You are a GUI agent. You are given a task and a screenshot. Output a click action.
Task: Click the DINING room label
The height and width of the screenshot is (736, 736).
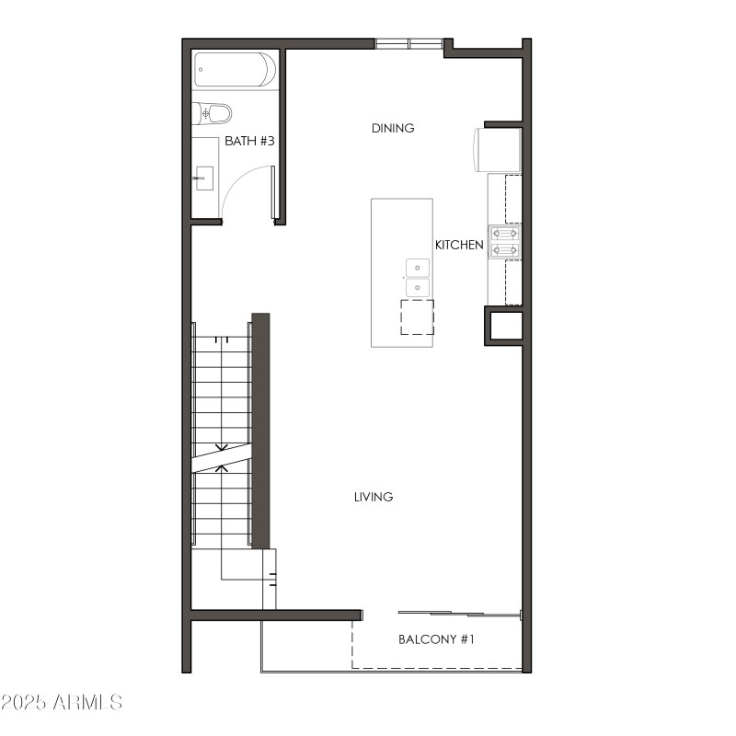[x=393, y=128]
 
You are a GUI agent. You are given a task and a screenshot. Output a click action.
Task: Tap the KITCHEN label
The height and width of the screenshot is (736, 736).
[x=459, y=245]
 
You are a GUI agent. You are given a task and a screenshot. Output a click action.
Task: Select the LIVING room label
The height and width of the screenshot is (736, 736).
[x=374, y=497]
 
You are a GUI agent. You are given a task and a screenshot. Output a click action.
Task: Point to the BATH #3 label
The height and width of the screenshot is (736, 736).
[x=250, y=142]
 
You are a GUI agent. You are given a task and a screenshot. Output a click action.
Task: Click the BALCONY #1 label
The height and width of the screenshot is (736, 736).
[x=436, y=638]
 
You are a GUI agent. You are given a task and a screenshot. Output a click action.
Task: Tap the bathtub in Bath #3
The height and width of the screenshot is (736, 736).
[x=235, y=70]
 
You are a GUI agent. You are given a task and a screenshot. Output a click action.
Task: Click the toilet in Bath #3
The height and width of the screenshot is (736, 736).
[x=213, y=114]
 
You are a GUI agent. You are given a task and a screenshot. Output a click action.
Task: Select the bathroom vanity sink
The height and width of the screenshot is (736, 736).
[x=204, y=177]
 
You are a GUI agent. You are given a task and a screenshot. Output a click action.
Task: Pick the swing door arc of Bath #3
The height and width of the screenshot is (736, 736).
[x=241, y=184]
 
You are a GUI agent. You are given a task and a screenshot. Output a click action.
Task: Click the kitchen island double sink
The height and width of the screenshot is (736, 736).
[x=418, y=278]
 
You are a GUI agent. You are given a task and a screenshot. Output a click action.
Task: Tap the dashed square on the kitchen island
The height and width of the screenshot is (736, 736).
[x=417, y=316]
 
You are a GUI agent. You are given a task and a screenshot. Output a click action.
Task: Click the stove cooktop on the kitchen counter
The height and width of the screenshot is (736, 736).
[x=505, y=242]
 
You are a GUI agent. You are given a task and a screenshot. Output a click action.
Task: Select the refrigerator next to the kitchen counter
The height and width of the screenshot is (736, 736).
[x=498, y=150]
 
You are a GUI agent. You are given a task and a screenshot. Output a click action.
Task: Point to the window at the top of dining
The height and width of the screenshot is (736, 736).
[x=408, y=42]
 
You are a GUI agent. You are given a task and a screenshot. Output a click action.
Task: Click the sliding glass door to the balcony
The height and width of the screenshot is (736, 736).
[x=460, y=614]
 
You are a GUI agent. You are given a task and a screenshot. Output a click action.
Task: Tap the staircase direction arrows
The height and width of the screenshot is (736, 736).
[x=222, y=458]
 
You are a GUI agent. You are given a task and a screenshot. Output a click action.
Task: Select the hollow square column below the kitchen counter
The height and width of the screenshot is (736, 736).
[x=504, y=327]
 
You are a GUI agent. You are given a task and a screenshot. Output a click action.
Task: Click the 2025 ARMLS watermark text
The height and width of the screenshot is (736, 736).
[x=62, y=703]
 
